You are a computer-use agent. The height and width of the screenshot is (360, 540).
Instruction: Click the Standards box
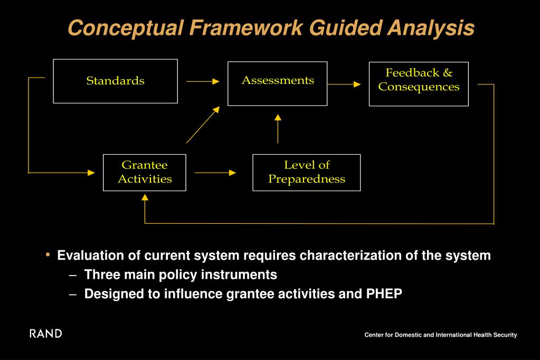coord(115,81)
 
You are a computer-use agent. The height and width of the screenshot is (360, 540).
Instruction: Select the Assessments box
coord(277,83)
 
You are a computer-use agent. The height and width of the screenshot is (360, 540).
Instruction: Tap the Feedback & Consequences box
coord(419,83)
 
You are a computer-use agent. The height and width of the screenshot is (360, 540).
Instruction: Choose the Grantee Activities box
coord(145,172)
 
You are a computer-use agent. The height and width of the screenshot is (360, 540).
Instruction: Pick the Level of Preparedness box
coord(306,172)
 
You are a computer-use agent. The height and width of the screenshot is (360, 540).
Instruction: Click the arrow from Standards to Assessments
coord(202,81)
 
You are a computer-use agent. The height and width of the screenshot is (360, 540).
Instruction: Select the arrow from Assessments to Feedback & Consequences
coord(344,84)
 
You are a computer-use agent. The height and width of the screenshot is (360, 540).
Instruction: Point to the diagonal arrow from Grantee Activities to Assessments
coord(203,124)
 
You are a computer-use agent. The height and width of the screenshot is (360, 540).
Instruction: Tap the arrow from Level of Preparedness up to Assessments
coord(278,128)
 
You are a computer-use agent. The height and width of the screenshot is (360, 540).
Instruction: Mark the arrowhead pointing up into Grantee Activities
coord(145,198)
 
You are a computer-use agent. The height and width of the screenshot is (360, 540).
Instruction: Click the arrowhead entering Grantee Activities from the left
coord(91,173)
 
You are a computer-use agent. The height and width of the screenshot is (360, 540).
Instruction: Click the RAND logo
coord(45,334)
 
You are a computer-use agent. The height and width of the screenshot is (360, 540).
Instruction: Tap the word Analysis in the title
coord(430,28)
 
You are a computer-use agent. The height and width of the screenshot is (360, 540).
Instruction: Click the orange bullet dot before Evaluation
coord(48,255)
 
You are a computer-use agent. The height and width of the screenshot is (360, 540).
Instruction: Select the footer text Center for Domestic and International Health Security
coord(440,335)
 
